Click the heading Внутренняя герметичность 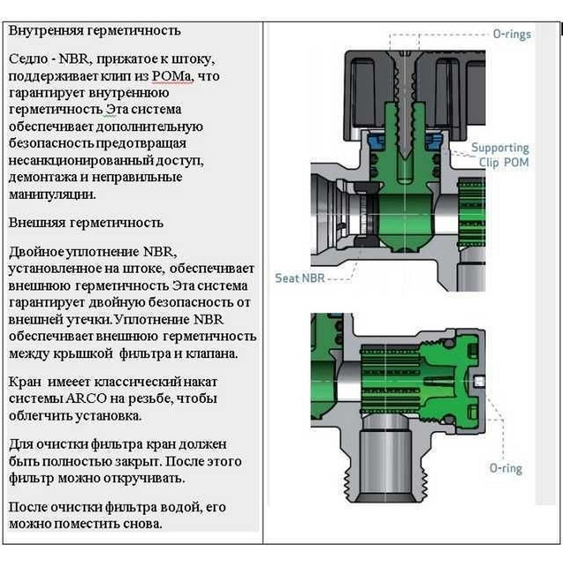95,30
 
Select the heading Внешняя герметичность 86,222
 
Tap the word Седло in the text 28,60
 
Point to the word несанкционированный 88,161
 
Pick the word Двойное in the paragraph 35,251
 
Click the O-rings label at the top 511,34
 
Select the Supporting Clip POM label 500,155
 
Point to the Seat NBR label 300,278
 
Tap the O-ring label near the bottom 505,468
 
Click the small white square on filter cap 479,381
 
